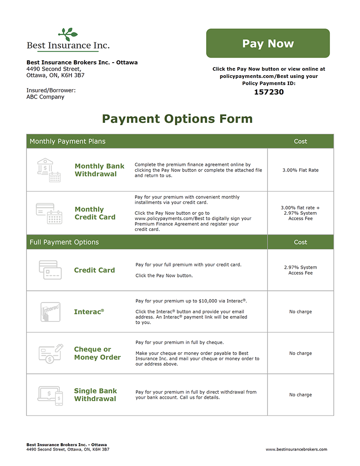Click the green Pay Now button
[268, 43]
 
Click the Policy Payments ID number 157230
[269, 92]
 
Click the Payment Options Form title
[177, 119]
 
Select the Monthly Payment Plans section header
[67, 141]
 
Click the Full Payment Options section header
[64, 242]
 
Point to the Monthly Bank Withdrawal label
[99, 170]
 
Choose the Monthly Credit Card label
[95, 213]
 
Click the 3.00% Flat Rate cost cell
[300, 170]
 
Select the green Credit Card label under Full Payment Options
[94, 270]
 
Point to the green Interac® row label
[89, 312]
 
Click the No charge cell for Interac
[300, 312]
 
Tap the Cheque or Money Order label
[97, 353]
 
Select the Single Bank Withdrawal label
[95, 395]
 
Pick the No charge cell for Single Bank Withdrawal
[300, 395]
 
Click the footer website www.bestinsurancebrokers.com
[296, 449]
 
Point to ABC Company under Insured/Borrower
[45, 97]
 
